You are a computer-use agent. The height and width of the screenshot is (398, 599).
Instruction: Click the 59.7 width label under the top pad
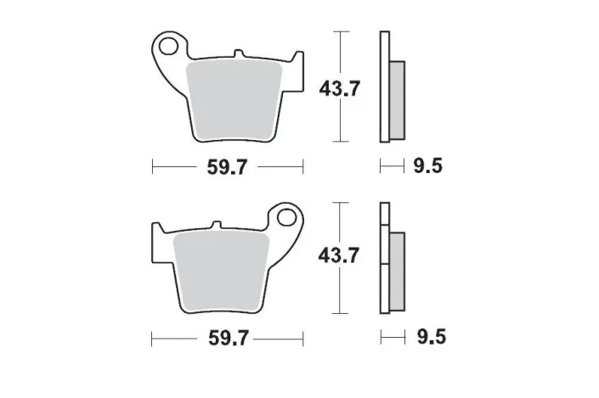tap(227, 167)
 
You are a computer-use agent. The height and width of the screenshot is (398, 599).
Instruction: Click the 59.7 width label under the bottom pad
tap(227, 339)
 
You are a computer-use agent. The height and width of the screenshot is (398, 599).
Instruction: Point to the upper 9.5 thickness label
tap(427, 166)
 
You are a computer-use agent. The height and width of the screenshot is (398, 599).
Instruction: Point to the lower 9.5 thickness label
tap(427, 338)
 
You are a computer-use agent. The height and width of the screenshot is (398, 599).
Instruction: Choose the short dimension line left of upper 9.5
tap(391, 166)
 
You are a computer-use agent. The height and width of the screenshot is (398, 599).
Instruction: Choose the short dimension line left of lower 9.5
tap(391, 338)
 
